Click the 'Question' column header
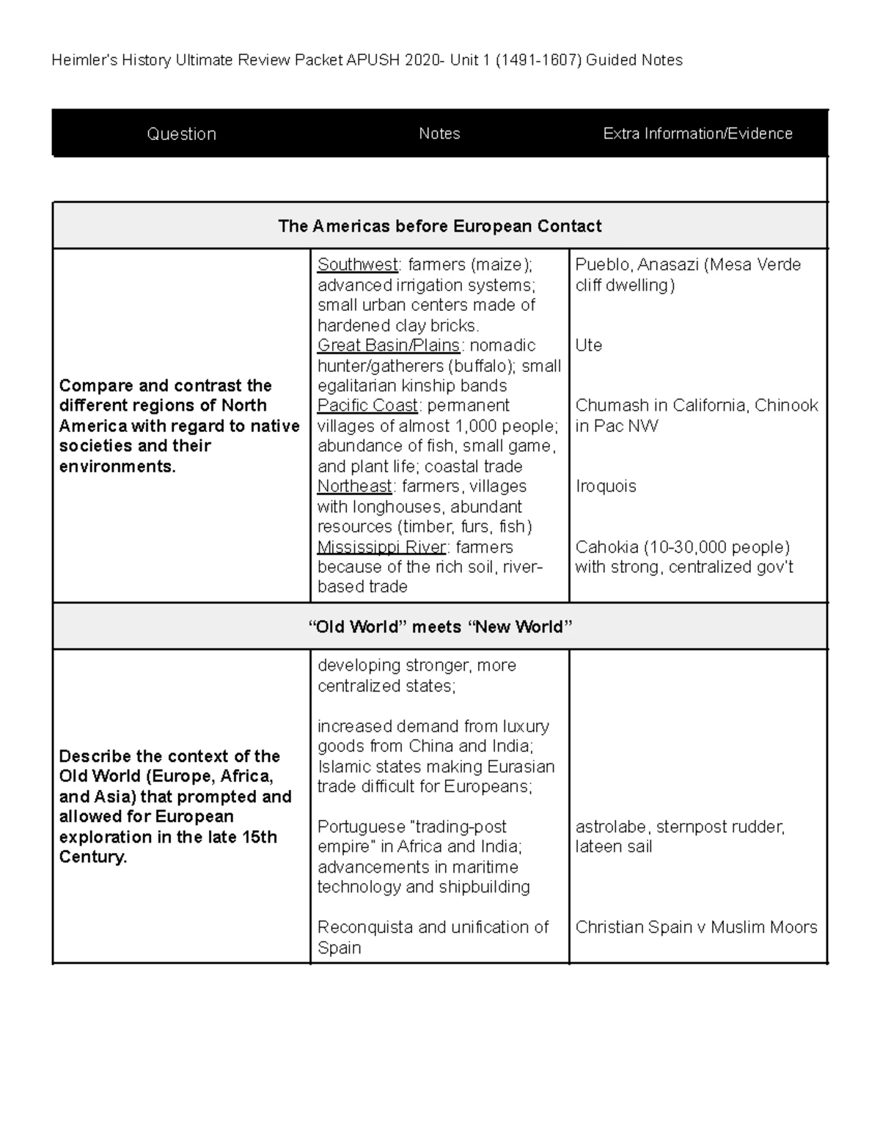[x=181, y=134]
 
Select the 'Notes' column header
[x=439, y=133]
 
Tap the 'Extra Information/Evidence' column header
[x=697, y=133]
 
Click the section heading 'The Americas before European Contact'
[x=439, y=226]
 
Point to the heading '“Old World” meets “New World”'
[x=439, y=627]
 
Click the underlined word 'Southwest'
[x=357, y=265]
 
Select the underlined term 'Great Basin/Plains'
[x=389, y=345]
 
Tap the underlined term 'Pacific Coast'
[x=367, y=406]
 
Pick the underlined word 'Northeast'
[x=355, y=486]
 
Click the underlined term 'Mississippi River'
[x=381, y=547]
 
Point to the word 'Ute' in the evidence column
[x=588, y=345]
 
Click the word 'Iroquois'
[x=605, y=486]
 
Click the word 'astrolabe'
[x=612, y=827]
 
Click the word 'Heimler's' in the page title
[x=79, y=60]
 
